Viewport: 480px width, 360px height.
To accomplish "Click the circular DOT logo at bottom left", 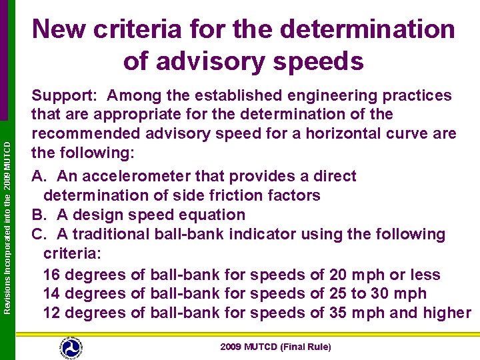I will tap(70, 346).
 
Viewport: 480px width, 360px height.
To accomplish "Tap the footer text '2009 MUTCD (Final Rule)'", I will tap(275, 347).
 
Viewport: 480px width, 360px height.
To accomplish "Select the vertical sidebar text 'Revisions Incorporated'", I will tap(7, 267).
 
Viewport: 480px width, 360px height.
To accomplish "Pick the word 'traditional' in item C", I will tap(109, 234).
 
